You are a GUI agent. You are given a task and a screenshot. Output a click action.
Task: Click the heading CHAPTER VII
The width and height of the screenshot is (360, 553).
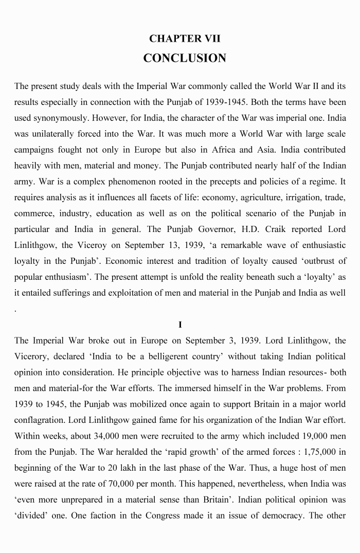tap(185, 39)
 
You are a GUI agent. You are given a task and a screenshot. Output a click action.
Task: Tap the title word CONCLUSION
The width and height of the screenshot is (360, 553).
tap(185, 58)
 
